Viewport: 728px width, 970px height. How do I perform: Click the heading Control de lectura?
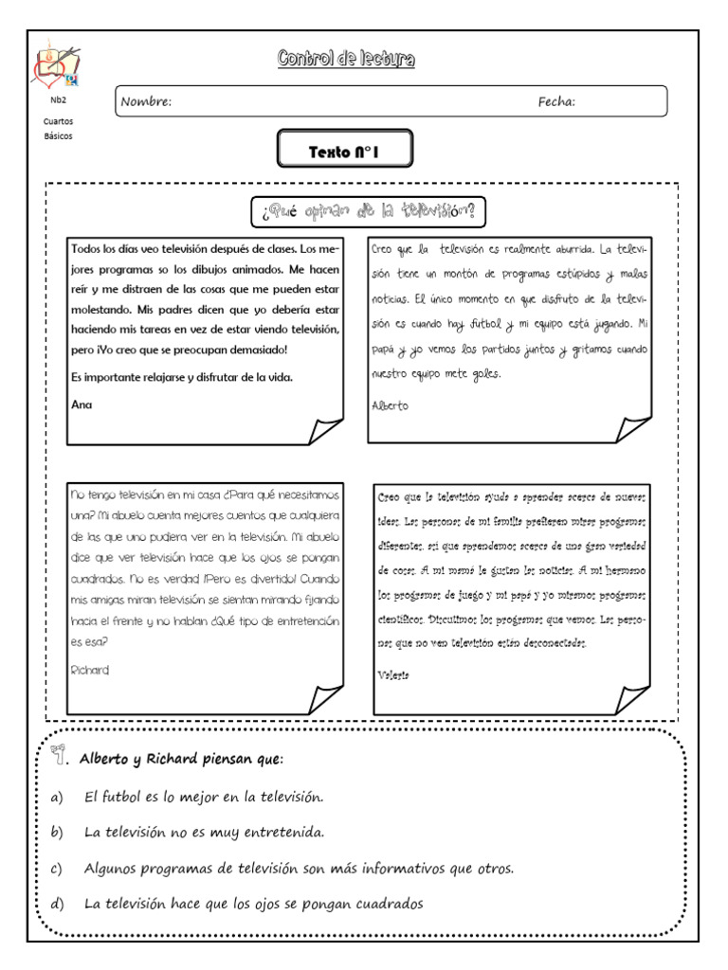345,61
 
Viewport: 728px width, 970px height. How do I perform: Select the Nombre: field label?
146,102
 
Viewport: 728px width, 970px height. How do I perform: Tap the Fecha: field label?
556,102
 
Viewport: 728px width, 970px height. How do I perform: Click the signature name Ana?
82,404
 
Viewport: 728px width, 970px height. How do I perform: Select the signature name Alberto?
391,404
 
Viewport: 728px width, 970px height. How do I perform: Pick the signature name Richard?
90,670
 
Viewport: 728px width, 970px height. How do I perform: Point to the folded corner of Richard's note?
323,699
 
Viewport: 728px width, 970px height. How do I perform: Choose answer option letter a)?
56,798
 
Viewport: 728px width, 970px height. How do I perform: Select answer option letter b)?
56,833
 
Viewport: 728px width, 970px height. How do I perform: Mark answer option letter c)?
56,868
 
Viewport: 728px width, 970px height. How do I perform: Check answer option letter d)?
56,904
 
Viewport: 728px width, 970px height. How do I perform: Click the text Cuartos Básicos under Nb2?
58,129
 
